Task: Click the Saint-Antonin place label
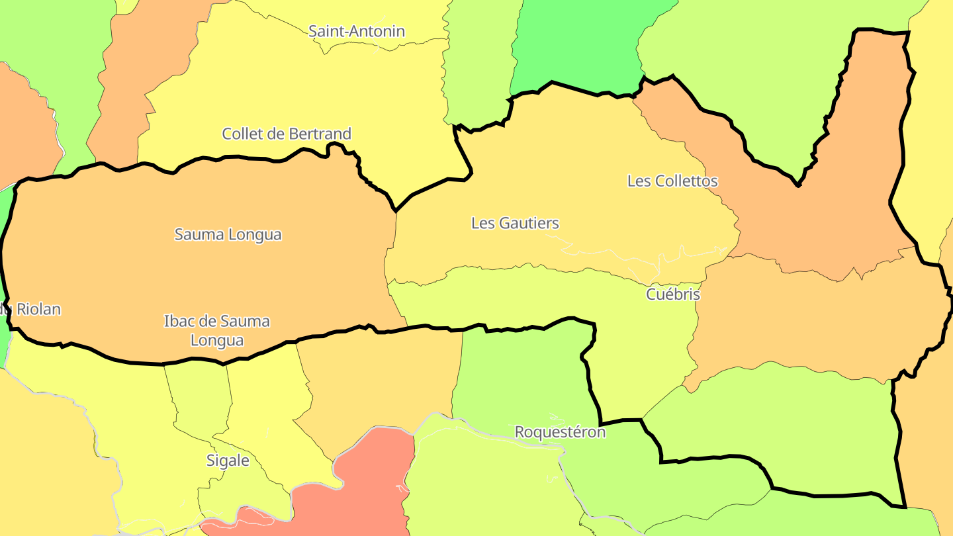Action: [x=357, y=31]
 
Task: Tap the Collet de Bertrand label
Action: [x=287, y=134]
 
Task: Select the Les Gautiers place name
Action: [x=515, y=223]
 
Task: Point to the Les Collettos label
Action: [x=672, y=181]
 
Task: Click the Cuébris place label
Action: [x=673, y=294]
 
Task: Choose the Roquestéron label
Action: [x=560, y=432]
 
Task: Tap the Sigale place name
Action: [x=228, y=461]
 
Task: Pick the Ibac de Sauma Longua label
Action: [x=217, y=331]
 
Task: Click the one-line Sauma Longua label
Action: [x=228, y=234]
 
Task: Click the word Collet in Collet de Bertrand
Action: [x=242, y=134]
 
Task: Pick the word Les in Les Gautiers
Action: [x=482, y=223]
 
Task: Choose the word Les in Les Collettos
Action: [x=639, y=181]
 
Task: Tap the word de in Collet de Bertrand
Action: [x=274, y=134]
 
